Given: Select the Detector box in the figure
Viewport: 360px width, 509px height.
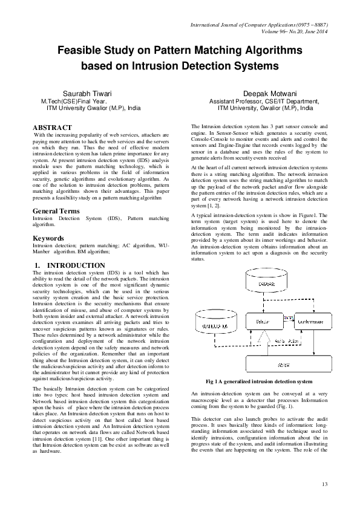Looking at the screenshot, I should click(x=261, y=322).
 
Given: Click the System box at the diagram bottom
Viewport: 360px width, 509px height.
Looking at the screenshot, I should click(x=284, y=366).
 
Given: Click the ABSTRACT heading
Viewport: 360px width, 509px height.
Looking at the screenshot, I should click(x=52, y=128).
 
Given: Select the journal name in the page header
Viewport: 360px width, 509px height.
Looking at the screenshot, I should click(x=258, y=24).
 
